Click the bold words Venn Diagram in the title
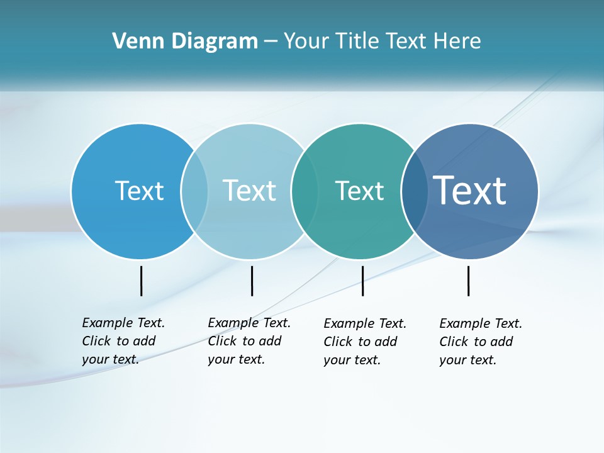click(x=185, y=41)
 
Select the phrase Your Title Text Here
click(x=382, y=41)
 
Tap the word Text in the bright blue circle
click(x=139, y=191)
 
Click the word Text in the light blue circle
click(x=250, y=191)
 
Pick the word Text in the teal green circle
click(x=359, y=191)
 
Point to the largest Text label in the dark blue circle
click(x=470, y=191)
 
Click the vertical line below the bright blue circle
click(x=142, y=281)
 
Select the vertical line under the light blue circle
click(x=252, y=281)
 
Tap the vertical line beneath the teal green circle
click(x=362, y=281)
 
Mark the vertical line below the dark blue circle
click(x=469, y=281)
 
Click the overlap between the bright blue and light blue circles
click(x=194, y=191)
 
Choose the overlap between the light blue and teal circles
click(x=305, y=191)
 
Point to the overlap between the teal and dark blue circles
click(x=413, y=191)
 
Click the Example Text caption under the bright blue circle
click(x=123, y=341)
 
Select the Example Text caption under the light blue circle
click(x=249, y=341)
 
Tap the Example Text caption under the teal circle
click(x=365, y=342)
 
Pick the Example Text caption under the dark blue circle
click(x=481, y=342)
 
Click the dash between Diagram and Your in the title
click(x=271, y=42)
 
